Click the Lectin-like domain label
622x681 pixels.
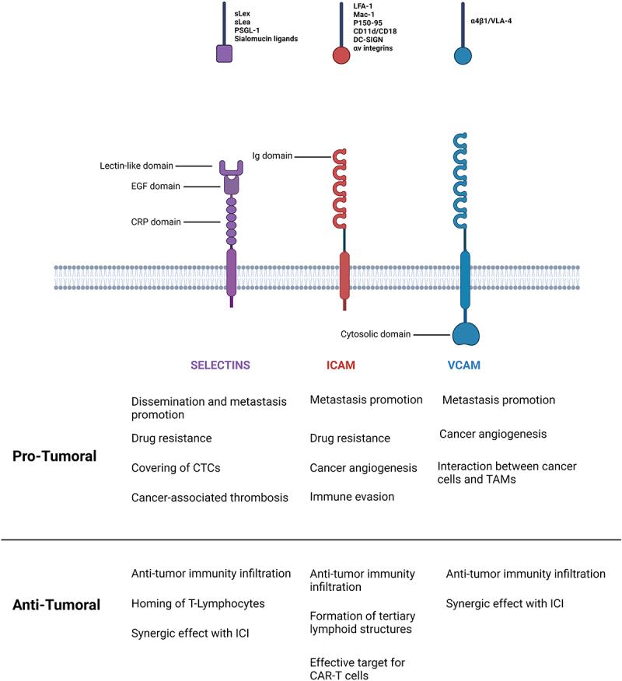click(x=136, y=165)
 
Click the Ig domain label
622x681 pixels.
click(x=271, y=155)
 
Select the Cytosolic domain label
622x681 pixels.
click(x=376, y=334)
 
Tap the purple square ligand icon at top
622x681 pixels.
click(x=224, y=53)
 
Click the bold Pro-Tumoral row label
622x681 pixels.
click(x=54, y=456)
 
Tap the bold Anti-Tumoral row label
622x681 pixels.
click(x=56, y=603)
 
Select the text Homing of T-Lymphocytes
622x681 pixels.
click(x=198, y=603)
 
